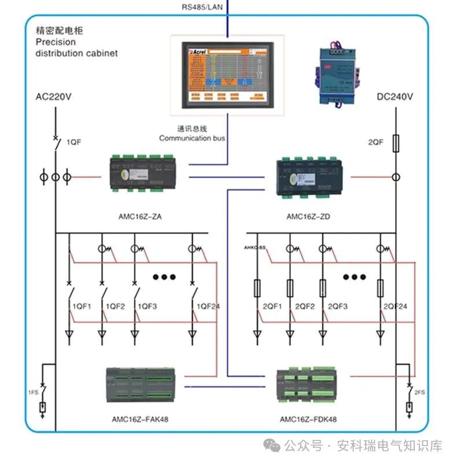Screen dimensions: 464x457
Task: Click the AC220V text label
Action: tap(54, 97)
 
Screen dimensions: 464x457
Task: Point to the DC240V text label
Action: tap(395, 97)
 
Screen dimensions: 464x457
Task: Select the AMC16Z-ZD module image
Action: tap(313, 176)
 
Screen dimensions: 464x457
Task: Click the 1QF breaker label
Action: tap(74, 142)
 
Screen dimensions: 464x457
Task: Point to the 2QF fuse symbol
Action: tap(396, 143)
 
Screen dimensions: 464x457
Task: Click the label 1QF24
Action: tap(208, 306)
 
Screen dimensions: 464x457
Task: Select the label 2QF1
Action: tap(272, 306)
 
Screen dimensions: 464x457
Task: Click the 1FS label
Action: tap(34, 392)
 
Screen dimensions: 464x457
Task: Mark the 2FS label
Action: tap(419, 392)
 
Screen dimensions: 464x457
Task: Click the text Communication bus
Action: tap(192, 138)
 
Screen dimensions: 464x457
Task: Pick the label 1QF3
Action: tap(146, 306)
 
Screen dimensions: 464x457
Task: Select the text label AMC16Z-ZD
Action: tap(308, 217)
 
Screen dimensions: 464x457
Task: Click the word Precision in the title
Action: tap(55, 42)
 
